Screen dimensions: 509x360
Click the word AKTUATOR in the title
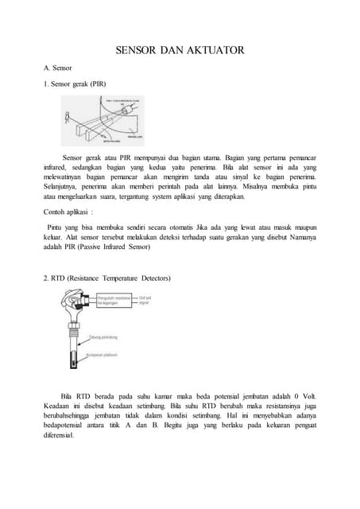[213, 51]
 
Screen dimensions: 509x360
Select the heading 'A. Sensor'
[59, 68]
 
